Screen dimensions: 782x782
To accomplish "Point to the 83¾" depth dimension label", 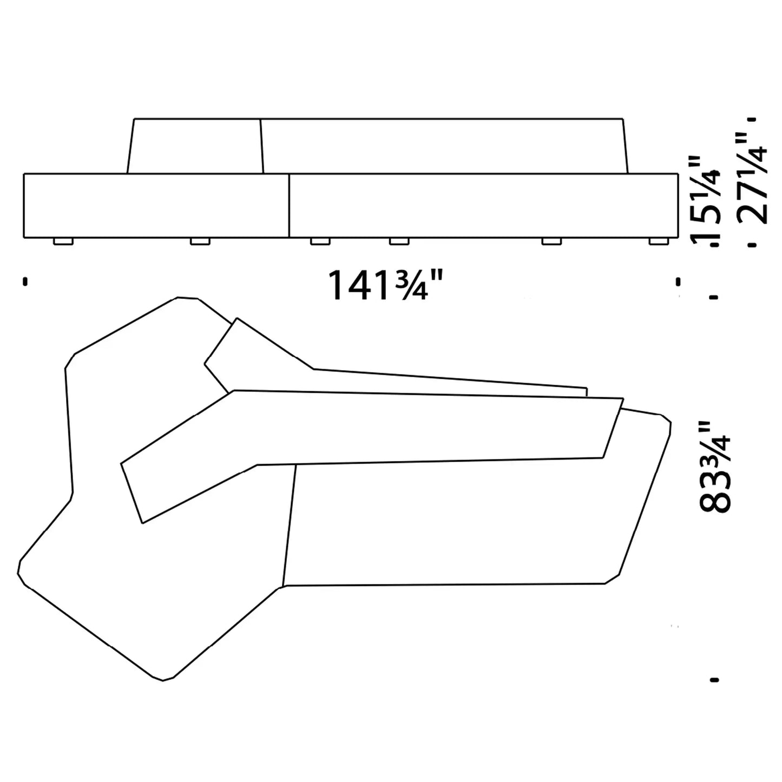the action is click(714, 466).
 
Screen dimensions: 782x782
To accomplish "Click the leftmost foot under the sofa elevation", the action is click(63, 241).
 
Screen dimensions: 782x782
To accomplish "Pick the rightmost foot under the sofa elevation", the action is click(658, 241).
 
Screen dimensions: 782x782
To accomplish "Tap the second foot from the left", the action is click(200, 241).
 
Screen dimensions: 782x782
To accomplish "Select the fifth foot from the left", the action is click(551, 241).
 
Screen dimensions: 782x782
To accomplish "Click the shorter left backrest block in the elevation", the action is click(195, 146).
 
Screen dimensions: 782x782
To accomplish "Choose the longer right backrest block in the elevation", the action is click(444, 146).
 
